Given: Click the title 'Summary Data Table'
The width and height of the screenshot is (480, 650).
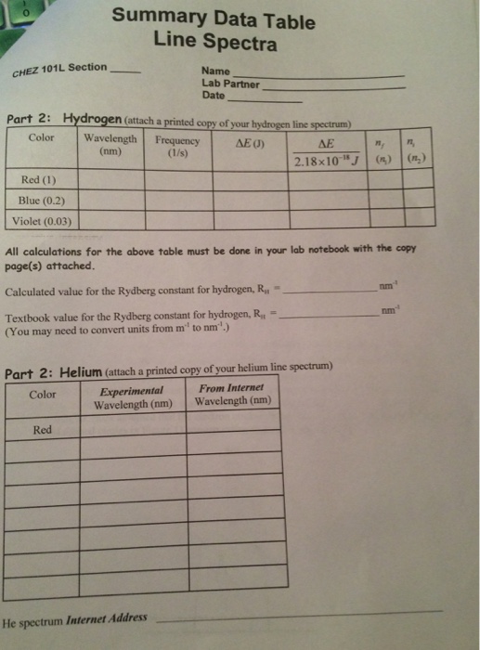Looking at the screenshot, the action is (213, 19).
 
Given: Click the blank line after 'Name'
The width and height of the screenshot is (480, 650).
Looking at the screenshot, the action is (320, 74).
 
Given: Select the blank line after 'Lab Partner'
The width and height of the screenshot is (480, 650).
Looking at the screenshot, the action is (334, 87).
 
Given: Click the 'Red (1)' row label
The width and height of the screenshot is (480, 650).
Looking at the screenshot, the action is (38, 179).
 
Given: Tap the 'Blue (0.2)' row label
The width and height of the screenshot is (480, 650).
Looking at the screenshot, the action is (40, 200).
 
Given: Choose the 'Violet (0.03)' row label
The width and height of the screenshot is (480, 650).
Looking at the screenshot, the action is (42, 221).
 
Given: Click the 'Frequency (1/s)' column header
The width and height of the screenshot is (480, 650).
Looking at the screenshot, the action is (177, 146).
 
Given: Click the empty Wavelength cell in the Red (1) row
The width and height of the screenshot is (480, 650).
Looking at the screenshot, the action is (110, 179).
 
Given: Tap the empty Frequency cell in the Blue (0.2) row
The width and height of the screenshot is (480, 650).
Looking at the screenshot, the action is (177, 200).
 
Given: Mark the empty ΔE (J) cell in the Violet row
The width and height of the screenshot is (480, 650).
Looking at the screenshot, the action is (251, 221).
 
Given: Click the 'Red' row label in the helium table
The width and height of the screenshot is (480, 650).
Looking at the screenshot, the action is (43, 430).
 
